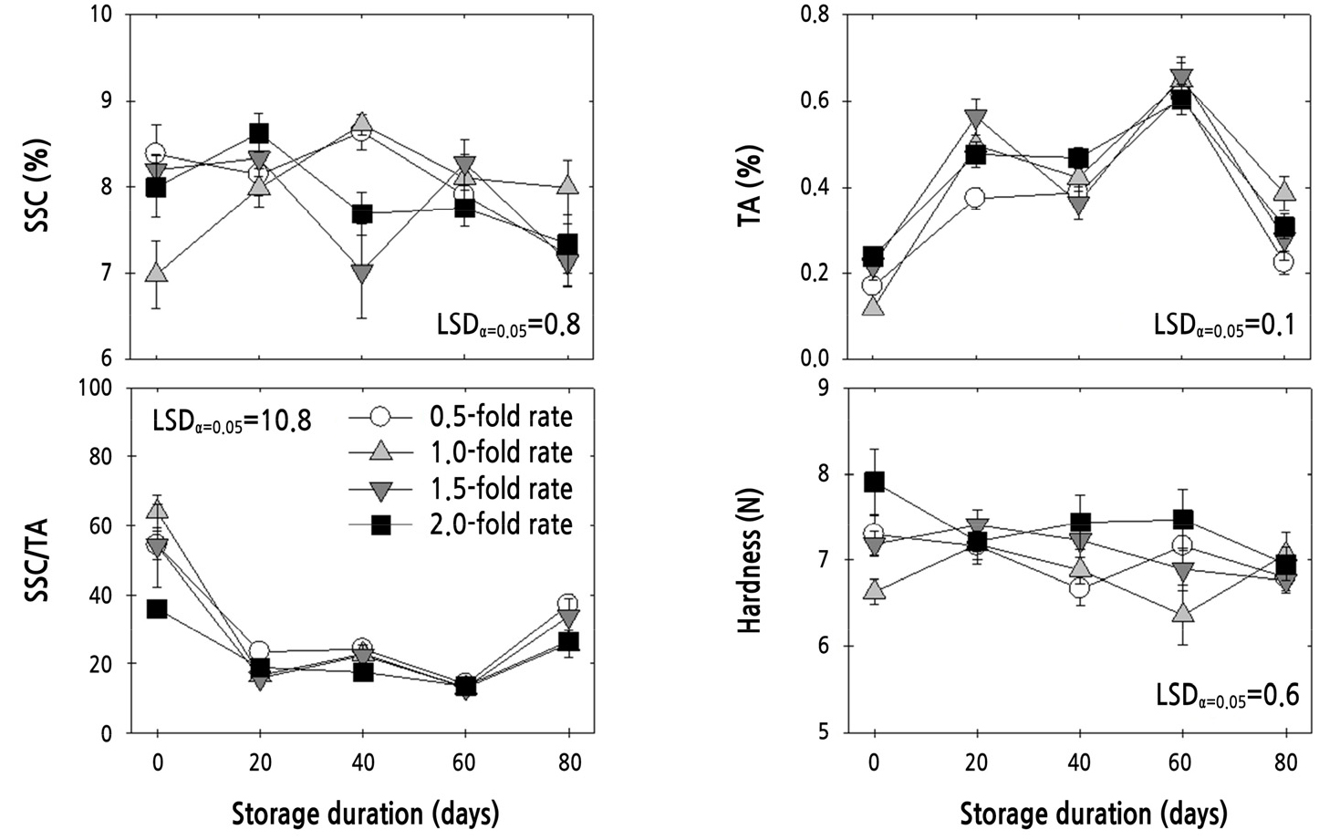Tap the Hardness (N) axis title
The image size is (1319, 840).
tap(750, 561)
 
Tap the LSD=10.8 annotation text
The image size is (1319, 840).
tap(232, 420)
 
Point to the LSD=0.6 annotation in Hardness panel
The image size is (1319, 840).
tap(1226, 696)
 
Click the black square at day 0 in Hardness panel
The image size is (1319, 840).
tap(875, 482)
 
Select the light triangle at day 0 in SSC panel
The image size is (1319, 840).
tap(157, 273)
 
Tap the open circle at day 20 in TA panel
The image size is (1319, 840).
tap(975, 198)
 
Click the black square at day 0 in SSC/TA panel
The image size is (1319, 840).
tap(157, 608)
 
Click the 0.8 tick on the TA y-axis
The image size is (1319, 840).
tap(814, 15)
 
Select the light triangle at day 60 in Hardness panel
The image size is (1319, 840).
tap(1183, 614)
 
